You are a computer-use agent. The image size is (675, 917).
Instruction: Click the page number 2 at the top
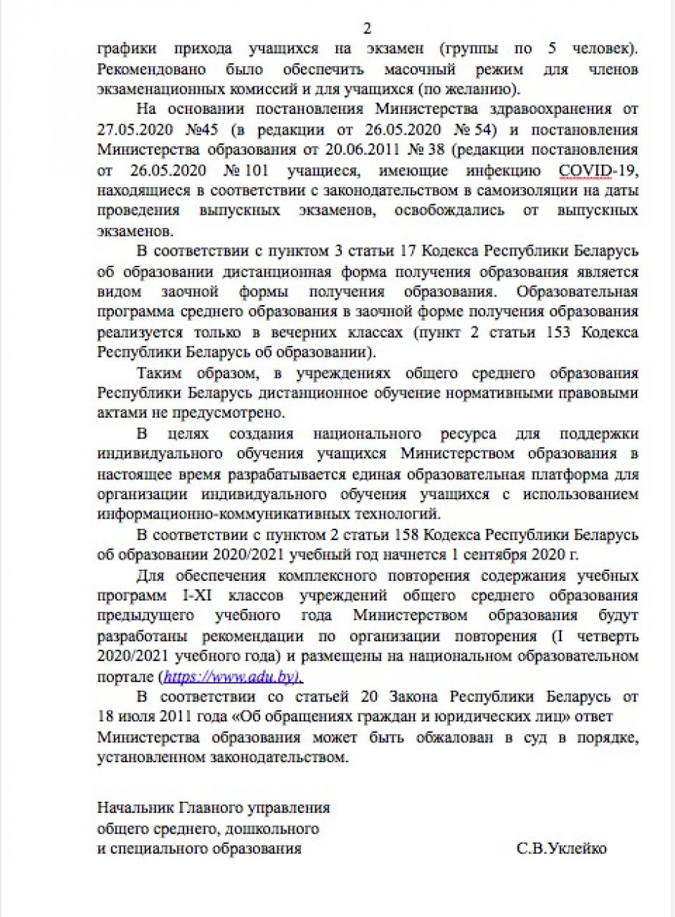coord(368,29)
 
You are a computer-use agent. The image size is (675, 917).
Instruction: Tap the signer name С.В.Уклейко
coord(561,849)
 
